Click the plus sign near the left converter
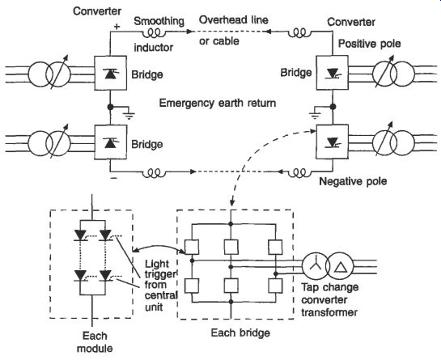[x=117, y=27]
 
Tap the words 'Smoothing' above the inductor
[x=159, y=21]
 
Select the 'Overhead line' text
[x=233, y=19]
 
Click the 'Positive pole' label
[x=369, y=44]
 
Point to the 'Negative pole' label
[x=353, y=181]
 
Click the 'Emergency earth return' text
[x=218, y=103]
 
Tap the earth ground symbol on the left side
[x=129, y=115]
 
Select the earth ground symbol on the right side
[x=316, y=114]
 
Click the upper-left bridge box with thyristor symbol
[x=110, y=73]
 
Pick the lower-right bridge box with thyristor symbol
[x=333, y=142]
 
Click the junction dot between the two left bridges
[x=110, y=107]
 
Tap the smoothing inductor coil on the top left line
[x=154, y=33]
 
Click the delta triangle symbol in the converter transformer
[x=340, y=266]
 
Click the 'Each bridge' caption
[x=240, y=332]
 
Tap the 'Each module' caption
[x=95, y=342]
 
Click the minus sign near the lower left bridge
[x=113, y=178]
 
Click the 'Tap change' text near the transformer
[x=330, y=287]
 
